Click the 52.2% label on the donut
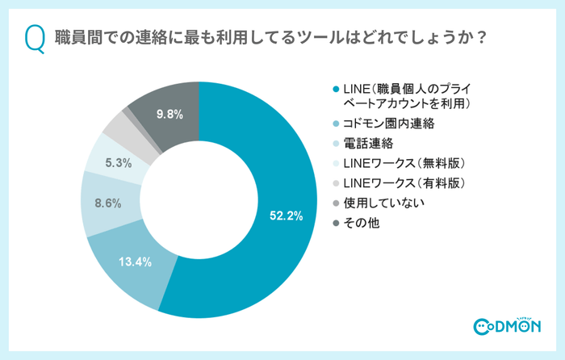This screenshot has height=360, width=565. click(286, 216)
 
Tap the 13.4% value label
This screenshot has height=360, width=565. click(136, 262)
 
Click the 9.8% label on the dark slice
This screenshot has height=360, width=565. click(169, 115)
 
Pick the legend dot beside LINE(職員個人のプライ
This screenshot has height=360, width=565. click(335, 87)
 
